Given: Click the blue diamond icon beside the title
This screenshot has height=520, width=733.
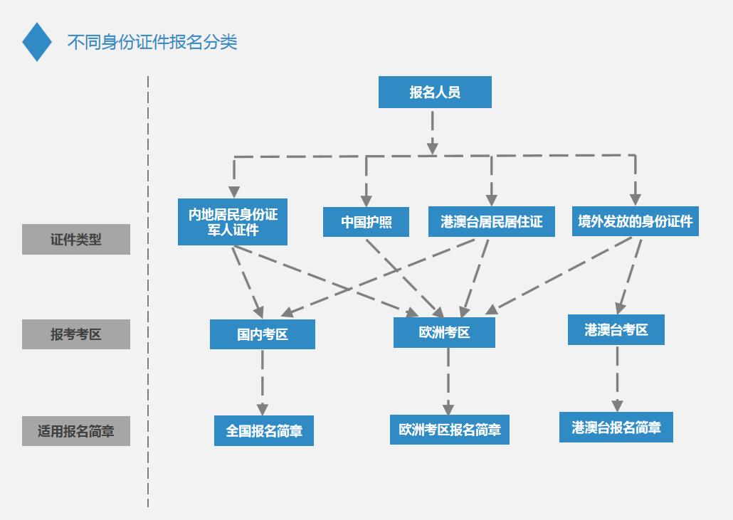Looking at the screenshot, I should click(x=37, y=42).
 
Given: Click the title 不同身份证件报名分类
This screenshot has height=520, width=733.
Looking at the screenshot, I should click(x=152, y=42).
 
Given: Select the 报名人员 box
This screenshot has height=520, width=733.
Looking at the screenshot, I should click(x=435, y=92).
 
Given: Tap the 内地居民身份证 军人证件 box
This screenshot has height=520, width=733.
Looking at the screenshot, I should click(x=233, y=222).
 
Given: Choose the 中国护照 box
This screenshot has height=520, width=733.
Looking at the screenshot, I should click(x=366, y=222).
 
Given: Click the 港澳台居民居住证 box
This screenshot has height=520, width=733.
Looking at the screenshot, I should click(x=491, y=222).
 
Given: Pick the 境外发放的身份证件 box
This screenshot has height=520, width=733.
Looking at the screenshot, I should click(x=635, y=221).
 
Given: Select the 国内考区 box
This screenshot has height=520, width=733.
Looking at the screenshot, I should click(x=262, y=334).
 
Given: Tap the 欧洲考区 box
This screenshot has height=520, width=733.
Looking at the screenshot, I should click(x=444, y=332).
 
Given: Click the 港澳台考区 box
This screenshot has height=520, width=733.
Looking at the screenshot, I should click(x=616, y=330).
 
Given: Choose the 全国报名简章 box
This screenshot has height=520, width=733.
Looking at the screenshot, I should click(x=264, y=430).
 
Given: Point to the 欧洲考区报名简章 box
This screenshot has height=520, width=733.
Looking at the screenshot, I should click(x=449, y=430).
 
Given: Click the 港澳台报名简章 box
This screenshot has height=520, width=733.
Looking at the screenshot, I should click(x=616, y=428).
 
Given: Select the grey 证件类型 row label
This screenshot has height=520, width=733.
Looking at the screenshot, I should click(x=76, y=240).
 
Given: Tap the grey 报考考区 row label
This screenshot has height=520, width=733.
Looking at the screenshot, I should click(x=76, y=334).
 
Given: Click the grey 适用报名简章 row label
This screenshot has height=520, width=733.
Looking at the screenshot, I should click(x=76, y=431).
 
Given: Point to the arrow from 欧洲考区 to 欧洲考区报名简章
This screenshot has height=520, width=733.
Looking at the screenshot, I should click(x=448, y=381).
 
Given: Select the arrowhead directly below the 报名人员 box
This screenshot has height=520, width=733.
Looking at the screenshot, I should click(x=432, y=147).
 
